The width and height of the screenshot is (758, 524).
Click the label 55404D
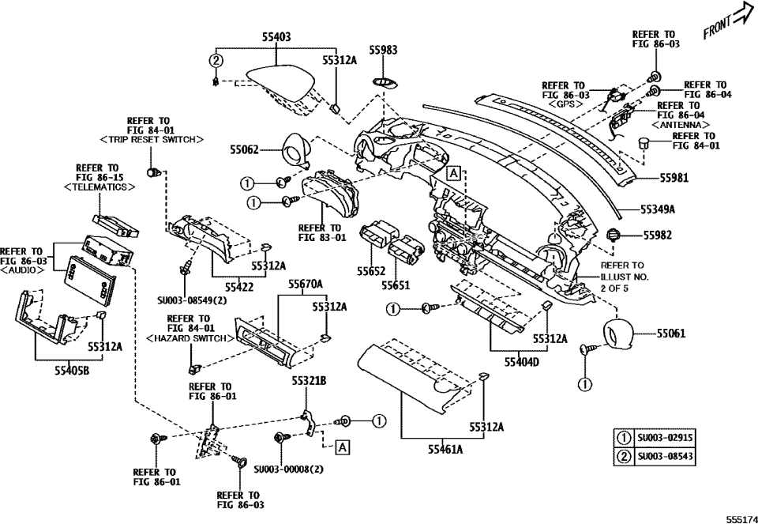point(522,362)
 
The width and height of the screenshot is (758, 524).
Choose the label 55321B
point(309,381)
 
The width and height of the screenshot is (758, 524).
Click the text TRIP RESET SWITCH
point(152,140)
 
